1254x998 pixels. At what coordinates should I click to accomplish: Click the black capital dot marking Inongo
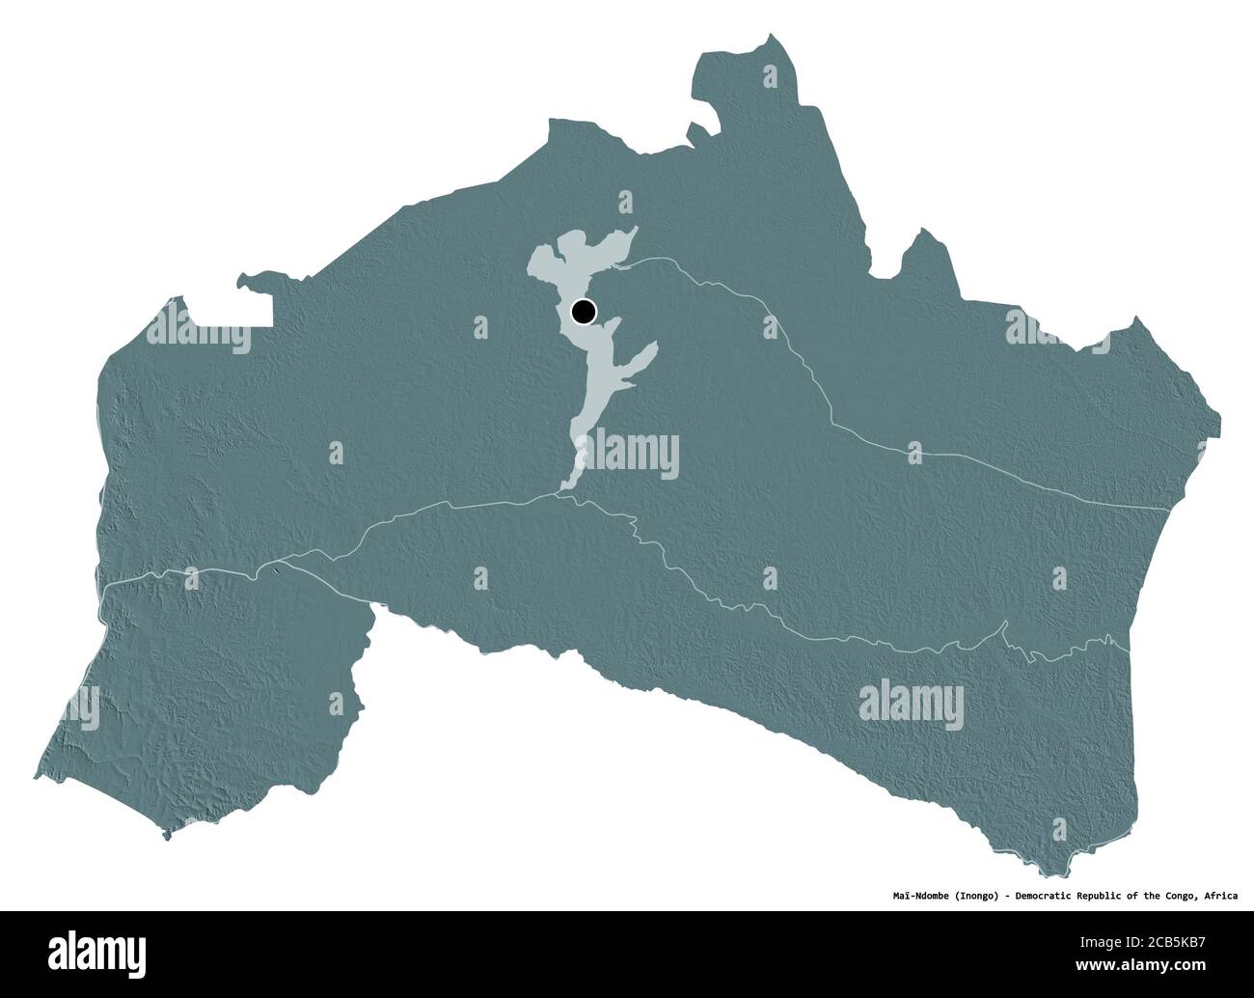point(584,312)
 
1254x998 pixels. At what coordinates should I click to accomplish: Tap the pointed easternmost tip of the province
point(1220,421)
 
